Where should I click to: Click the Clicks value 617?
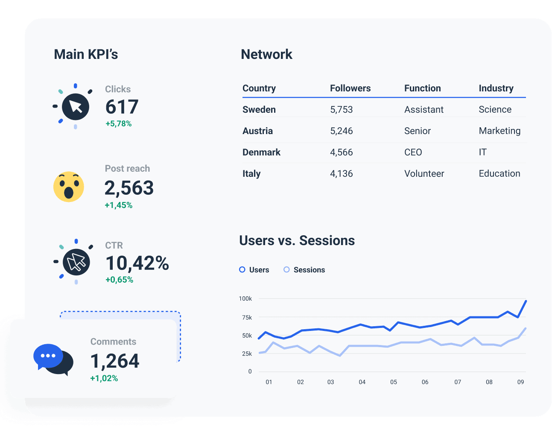pyautogui.click(x=122, y=107)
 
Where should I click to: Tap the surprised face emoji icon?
pyautogui.click(x=69, y=187)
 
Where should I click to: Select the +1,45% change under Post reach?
pyautogui.click(x=118, y=205)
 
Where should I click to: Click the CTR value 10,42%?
pyautogui.click(x=137, y=263)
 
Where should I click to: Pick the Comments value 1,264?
pyautogui.click(x=115, y=361)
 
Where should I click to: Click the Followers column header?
pyautogui.click(x=350, y=88)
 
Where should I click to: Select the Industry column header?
pyautogui.click(x=496, y=88)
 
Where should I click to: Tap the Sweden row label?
pyautogui.click(x=259, y=110)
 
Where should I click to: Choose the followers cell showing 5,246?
pyautogui.click(x=341, y=131)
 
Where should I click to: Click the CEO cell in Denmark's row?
pyautogui.click(x=413, y=152)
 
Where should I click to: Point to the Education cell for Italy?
pyautogui.click(x=499, y=174)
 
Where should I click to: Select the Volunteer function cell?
pyautogui.click(x=424, y=174)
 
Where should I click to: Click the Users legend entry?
pyautogui.click(x=254, y=270)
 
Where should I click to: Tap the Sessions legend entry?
pyautogui.click(x=304, y=270)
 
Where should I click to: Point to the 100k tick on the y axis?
pyautogui.click(x=245, y=299)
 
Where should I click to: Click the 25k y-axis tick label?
pyautogui.click(x=247, y=354)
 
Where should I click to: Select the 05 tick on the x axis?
pyautogui.click(x=393, y=382)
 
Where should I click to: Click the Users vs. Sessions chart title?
pyautogui.click(x=297, y=241)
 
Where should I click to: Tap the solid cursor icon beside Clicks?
pyautogui.click(x=76, y=107)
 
